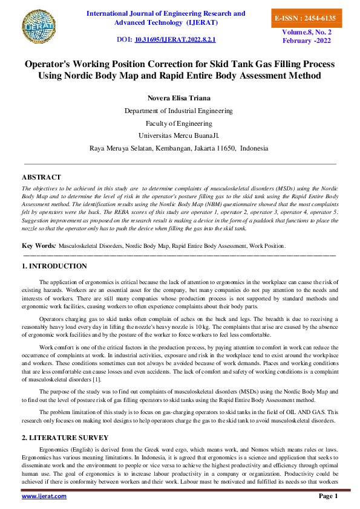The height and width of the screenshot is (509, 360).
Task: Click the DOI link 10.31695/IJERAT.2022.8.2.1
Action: click(175, 39)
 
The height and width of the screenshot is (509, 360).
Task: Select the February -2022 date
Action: click(307, 41)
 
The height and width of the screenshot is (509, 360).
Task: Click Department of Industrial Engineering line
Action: click(178, 111)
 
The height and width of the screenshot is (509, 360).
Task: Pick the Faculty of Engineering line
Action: click(178, 123)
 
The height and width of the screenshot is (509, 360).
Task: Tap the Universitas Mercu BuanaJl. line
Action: click(178, 135)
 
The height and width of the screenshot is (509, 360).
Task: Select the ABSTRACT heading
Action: click(41, 177)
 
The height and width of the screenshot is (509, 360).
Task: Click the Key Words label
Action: click(38, 246)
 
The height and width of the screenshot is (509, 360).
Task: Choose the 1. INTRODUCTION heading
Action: click(54, 266)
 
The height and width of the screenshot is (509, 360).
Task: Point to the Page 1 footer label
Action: click(328, 496)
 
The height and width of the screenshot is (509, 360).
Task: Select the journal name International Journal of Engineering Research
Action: click(166, 13)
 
